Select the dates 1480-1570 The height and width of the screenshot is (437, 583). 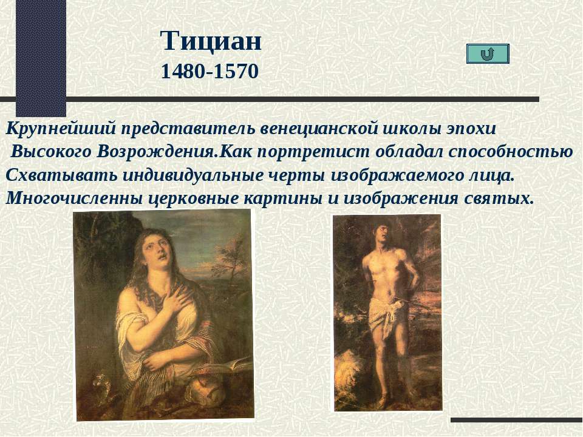click(210, 72)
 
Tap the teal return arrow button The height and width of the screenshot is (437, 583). click(488, 53)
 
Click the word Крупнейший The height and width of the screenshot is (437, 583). click(61, 129)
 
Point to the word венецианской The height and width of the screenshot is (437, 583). click(318, 129)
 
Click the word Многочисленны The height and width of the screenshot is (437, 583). click(74, 198)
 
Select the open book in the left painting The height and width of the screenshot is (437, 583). click(226, 365)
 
